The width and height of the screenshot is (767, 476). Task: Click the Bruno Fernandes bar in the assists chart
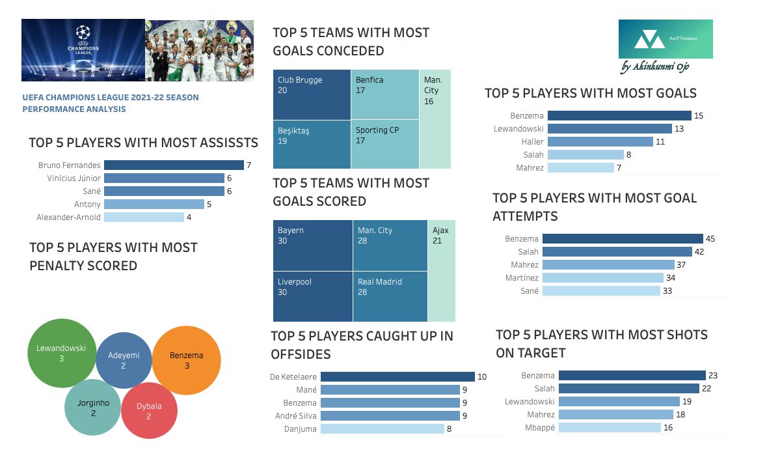point(174,165)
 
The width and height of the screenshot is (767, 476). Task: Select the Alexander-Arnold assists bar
point(144,217)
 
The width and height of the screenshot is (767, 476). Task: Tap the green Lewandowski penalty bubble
point(62,353)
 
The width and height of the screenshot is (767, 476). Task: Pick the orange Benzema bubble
point(186,361)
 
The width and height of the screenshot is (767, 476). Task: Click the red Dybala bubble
point(149,410)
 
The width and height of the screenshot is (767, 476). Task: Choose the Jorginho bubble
point(92,407)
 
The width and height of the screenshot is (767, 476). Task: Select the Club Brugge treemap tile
point(312,94)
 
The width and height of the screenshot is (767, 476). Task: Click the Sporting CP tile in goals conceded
point(385,145)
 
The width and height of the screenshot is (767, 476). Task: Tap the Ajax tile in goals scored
point(441,271)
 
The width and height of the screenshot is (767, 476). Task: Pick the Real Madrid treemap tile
point(390,296)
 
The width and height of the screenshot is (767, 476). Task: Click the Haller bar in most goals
point(600,141)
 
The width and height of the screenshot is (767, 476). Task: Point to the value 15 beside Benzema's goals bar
point(699,115)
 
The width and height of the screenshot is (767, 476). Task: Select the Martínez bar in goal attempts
point(602,277)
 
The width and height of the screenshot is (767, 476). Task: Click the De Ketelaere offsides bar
point(397,376)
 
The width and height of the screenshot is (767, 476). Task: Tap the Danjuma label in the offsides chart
point(301,429)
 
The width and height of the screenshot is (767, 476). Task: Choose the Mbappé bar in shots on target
point(610,428)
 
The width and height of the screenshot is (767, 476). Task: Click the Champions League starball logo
point(83,33)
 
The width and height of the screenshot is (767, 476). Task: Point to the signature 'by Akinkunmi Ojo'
point(655,66)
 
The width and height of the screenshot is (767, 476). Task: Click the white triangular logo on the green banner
point(649,39)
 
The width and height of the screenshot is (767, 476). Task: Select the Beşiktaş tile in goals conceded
point(312,145)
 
